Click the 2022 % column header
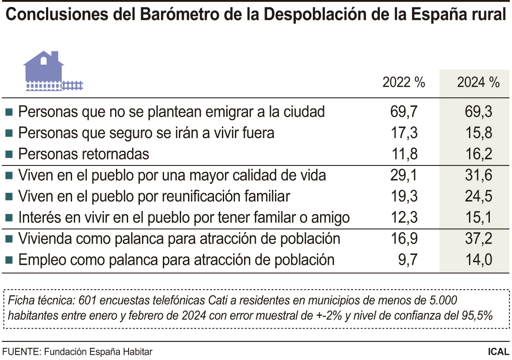tap(403, 83)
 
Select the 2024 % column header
tap(478, 83)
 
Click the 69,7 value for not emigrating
tap(404, 112)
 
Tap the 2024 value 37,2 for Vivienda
tap(478, 238)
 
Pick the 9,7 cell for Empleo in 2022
tap(407, 260)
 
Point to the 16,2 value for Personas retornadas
tap(478, 154)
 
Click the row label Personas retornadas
tap(83, 154)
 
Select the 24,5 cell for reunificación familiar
tap(478, 196)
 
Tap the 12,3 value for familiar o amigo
tap(404, 218)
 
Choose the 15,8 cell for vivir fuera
tap(478, 133)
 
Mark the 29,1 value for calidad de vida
tap(404, 175)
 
